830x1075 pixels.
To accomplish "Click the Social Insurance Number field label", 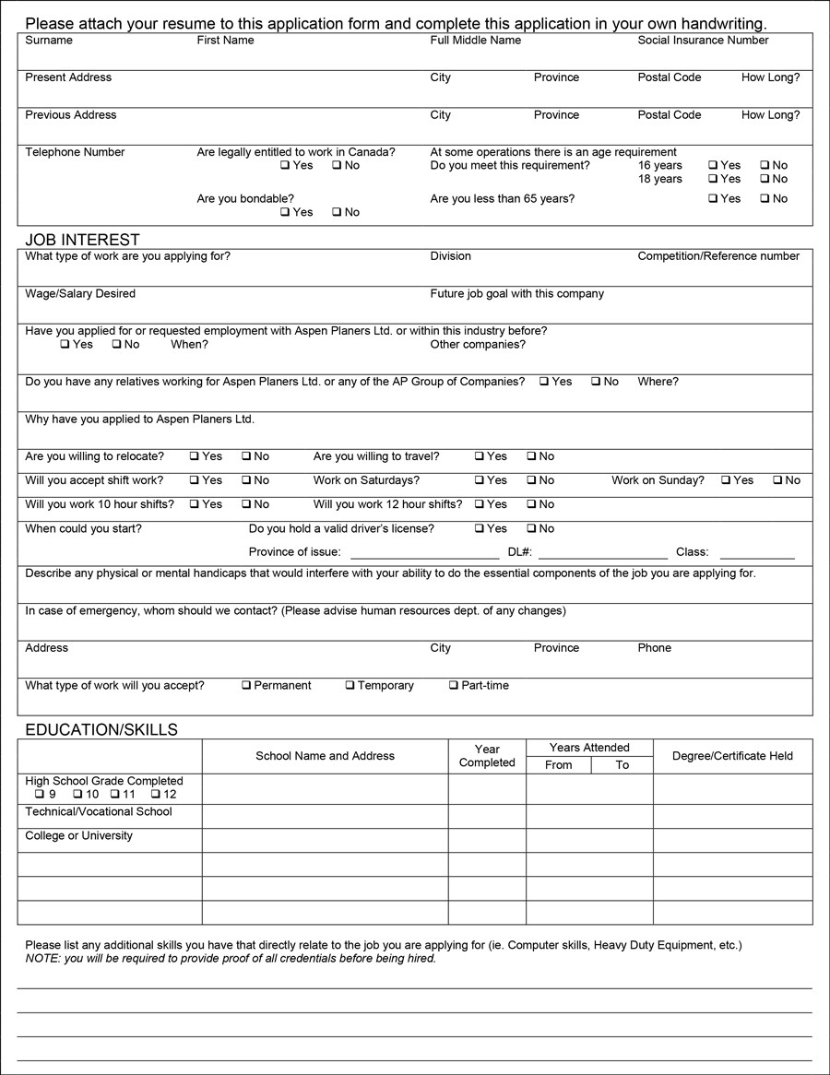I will point(703,41).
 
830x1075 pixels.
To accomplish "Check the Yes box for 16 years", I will point(713,166).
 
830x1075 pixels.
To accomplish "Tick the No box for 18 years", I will point(765,179).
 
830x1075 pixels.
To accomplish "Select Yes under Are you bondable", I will point(285,212).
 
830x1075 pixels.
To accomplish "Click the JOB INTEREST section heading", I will point(82,241).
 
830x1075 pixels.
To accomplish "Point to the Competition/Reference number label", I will point(718,256).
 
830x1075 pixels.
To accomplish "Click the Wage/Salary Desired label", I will point(80,294).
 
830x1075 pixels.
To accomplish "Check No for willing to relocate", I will point(246,456).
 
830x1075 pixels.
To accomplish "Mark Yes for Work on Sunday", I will point(726,480).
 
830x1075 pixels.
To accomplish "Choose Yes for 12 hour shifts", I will point(480,504).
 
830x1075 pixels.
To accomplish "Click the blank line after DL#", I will point(603,553).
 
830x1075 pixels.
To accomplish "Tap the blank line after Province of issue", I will point(424,553).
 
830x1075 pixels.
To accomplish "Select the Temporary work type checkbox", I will point(350,686).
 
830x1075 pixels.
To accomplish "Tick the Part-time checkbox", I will point(454,686).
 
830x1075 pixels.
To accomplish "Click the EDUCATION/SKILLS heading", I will point(101,730).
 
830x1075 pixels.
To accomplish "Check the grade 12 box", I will point(156,795).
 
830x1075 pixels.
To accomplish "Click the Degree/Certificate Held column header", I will point(732,756).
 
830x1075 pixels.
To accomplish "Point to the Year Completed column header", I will point(487,756).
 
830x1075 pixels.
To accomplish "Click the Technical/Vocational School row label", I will point(99,812).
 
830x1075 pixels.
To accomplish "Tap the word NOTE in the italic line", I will point(41,959).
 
